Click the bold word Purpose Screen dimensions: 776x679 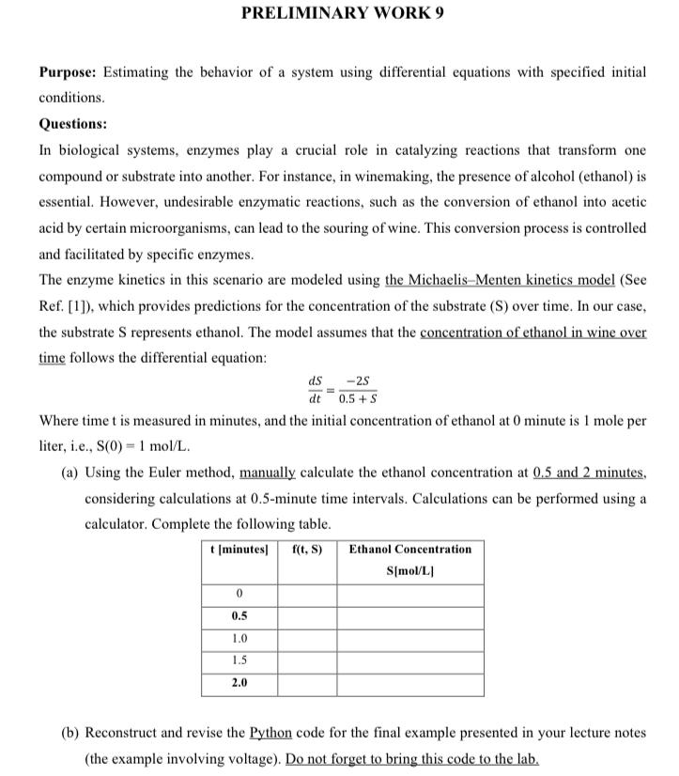pyautogui.click(x=69, y=73)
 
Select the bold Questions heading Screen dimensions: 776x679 pyautogui.click(x=72, y=123)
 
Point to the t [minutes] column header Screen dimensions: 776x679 pyautogui.click(x=239, y=549)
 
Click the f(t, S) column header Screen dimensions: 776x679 pyautogui.click(x=307, y=549)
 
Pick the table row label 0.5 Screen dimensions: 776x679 pyautogui.click(x=239, y=616)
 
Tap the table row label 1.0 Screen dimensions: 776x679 pyautogui.click(x=239, y=639)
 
